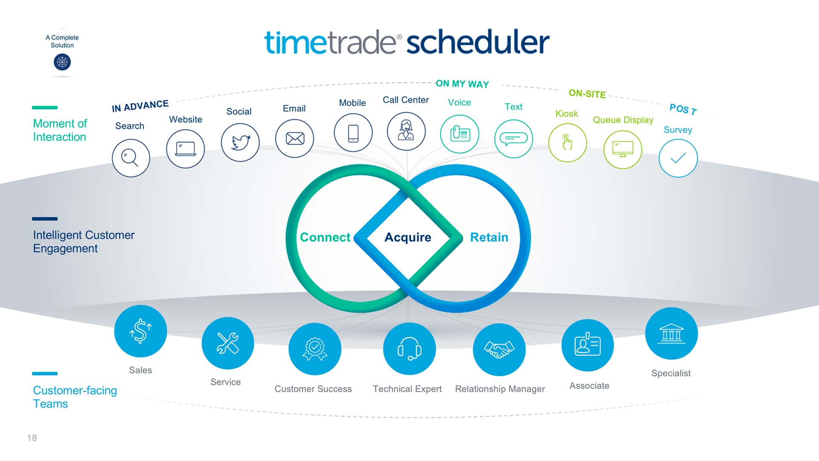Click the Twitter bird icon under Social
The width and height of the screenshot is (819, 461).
click(x=240, y=142)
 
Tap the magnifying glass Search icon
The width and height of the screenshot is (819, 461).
click(x=131, y=158)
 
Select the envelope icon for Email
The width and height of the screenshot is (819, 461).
click(x=295, y=138)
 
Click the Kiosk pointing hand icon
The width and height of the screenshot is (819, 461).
click(x=567, y=143)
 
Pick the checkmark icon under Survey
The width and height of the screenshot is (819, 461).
click(x=678, y=158)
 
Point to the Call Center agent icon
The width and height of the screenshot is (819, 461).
click(x=406, y=131)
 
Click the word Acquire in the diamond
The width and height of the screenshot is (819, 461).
click(x=408, y=237)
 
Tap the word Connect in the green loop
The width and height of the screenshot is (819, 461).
click(x=325, y=237)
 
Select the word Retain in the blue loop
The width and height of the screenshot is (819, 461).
click(x=489, y=237)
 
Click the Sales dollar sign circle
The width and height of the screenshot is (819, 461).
click(x=140, y=331)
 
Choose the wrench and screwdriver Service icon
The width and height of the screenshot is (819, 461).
click(x=228, y=343)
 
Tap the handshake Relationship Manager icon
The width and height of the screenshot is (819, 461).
click(x=499, y=349)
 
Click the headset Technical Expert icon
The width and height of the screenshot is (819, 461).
click(x=409, y=349)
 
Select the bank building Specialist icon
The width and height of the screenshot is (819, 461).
click(x=671, y=333)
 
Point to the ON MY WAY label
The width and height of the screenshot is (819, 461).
click(x=462, y=84)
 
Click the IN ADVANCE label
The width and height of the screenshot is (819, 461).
click(x=140, y=105)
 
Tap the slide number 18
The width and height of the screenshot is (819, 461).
click(x=32, y=438)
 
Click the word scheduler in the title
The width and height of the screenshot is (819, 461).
click(x=478, y=42)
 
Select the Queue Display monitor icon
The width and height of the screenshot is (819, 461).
click(x=623, y=149)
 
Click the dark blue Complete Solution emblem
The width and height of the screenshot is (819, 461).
click(x=62, y=62)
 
